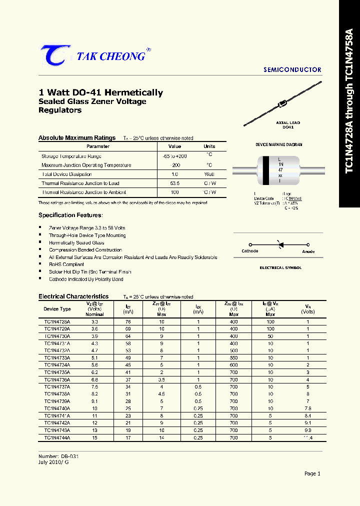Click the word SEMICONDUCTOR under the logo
click(292, 70)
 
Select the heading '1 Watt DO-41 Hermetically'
click(100, 92)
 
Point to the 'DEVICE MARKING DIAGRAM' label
click(279, 144)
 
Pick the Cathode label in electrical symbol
click(249, 251)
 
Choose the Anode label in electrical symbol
click(308, 251)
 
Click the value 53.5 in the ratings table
click(174, 183)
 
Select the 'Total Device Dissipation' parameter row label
click(66, 174)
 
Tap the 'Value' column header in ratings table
click(174, 146)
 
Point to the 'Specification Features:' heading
click(70, 215)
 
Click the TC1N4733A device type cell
click(57, 358)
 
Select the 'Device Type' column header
click(57, 309)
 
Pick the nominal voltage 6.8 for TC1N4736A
click(94, 380)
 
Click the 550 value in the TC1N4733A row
click(233, 358)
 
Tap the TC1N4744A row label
click(57, 437)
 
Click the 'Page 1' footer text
click(312, 473)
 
